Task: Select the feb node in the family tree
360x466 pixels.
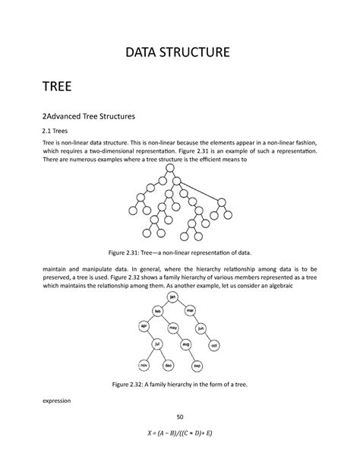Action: pos(159,312)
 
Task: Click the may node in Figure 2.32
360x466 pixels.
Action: pos(173,328)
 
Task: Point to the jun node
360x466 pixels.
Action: pos(201,328)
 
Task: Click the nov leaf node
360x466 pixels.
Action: pos(142,365)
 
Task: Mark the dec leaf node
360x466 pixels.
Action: pos(168,365)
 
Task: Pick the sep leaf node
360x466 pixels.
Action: pos(197,365)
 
